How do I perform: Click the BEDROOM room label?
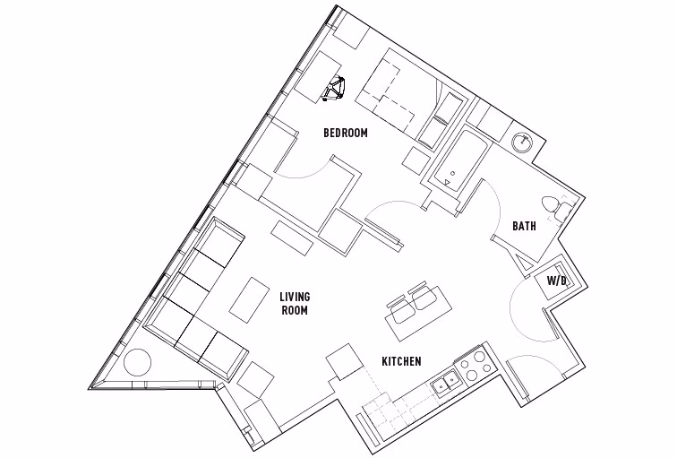coord(346,134)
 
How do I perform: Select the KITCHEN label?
coord(402,362)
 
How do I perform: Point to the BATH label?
coord(524,227)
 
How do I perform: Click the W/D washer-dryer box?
coord(556,281)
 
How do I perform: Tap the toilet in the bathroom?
coord(559,208)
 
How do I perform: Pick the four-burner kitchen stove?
coord(476,367)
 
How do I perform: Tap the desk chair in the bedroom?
coord(338,90)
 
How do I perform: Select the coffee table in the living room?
coord(246,298)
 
